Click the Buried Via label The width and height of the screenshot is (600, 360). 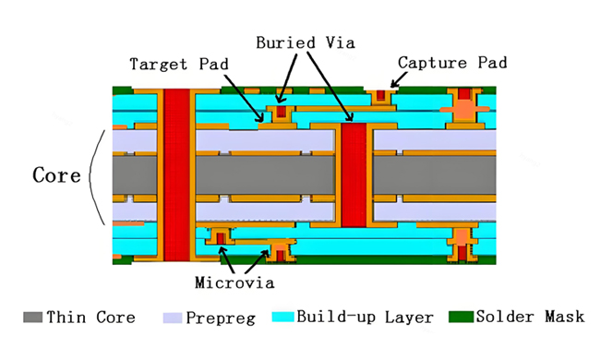306,42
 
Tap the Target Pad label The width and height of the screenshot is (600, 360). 179,64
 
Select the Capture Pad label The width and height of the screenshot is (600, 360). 452,63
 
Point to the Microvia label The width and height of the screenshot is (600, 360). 234,282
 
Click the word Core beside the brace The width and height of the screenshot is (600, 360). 56,175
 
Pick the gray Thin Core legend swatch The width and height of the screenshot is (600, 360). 32,318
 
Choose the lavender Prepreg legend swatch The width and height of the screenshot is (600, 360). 173,318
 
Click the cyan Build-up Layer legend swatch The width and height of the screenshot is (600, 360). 283,317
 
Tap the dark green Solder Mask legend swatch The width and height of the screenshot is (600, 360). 462,317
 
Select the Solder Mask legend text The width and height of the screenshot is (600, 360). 531,317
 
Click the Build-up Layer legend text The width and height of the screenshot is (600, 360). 365,318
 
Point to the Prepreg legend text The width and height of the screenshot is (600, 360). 221,318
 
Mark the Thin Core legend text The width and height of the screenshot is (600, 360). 91,318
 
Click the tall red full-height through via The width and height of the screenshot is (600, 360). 177,175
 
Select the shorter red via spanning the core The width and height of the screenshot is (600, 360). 354,174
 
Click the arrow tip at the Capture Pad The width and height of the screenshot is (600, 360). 391,87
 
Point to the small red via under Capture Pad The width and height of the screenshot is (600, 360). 380,95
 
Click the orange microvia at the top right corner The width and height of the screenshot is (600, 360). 464,106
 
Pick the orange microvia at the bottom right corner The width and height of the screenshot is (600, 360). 462,244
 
